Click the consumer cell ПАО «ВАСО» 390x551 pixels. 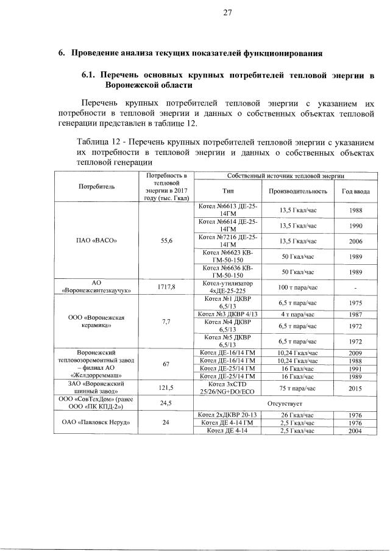pos(96,240)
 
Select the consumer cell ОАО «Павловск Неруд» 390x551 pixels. pos(96,422)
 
